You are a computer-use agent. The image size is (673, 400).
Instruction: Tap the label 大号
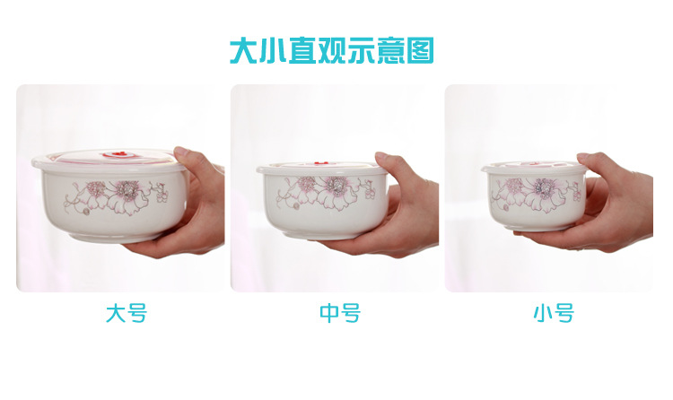pyautogui.click(x=126, y=314)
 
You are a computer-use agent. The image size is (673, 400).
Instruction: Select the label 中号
pyautogui.click(x=339, y=314)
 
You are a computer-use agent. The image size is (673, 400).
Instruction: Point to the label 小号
pyautogui.click(x=553, y=314)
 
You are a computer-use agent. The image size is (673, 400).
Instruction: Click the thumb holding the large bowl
pyautogui.click(x=191, y=160)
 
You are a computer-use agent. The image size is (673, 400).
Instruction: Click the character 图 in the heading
pyautogui.click(x=418, y=50)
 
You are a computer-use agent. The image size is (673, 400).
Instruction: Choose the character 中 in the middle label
pyautogui.click(x=329, y=314)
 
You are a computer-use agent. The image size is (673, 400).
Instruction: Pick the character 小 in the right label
pyautogui.click(x=543, y=314)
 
